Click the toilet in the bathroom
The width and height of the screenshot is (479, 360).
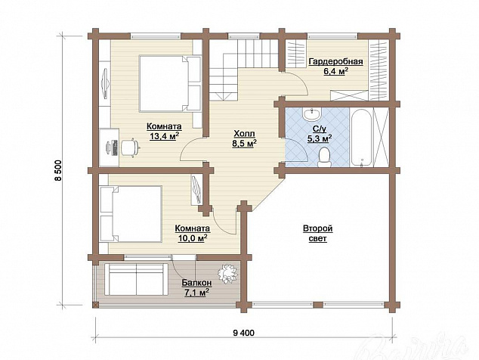(x=324, y=157)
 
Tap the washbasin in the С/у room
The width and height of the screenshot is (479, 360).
(x=311, y=114)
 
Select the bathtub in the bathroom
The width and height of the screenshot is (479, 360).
(x=361, y=138)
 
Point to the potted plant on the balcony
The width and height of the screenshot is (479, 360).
(x=227, y=273)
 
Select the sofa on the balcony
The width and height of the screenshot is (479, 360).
(x=136, y=279)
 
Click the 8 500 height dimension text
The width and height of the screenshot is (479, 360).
(x=58, y=172)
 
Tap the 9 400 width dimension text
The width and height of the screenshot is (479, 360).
(x=243, y=333)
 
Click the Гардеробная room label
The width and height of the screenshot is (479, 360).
(x=336, y=62)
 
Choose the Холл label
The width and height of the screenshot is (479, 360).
(x=244, y=134)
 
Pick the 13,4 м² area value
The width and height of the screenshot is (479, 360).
(x=164, y=136)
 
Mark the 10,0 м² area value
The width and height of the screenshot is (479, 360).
(x=193, y=238)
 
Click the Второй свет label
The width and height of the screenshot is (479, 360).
(x=318, y=234)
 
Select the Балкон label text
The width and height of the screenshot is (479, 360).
(x=197, y=283)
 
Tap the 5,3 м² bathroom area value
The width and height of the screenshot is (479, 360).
(x=320, y=138)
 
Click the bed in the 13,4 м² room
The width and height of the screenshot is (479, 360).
(x=170, y=83)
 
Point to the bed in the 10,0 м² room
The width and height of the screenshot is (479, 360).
(x=131, y=214)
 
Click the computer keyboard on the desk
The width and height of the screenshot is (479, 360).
(x=115, y=147)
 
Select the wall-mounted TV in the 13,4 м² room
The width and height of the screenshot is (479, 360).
(x=104, y=83)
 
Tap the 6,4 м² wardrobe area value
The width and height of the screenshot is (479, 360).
(x=336, y=71)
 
